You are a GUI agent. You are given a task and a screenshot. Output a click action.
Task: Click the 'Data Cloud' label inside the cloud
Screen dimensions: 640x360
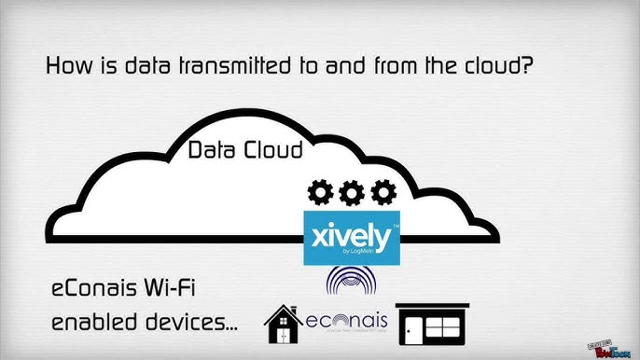point(245,149)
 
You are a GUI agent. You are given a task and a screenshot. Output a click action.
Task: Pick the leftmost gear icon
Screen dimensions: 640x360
point(320,193)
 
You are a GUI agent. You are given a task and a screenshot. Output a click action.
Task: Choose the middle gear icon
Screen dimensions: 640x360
point(351,193)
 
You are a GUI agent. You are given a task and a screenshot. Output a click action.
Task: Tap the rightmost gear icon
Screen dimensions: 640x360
point(382,193)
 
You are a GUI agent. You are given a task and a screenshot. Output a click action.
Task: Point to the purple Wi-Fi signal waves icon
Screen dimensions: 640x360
point(352,284)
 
